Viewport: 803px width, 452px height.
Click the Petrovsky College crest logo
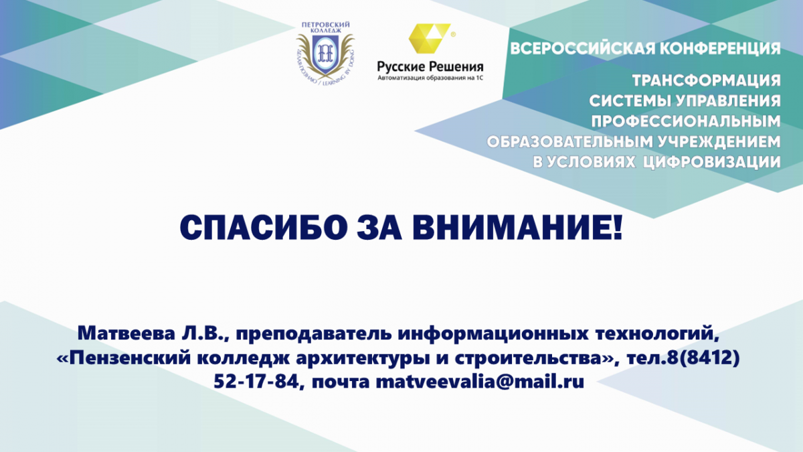coord(325,53)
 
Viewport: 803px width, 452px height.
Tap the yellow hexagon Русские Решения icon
coord(430,38)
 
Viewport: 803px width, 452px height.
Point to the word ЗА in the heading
coord(379,228)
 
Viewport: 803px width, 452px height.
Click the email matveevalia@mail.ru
coord(480,382)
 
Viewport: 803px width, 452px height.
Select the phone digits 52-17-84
coord(256,382)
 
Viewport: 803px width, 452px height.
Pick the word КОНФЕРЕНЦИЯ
coord(720,48)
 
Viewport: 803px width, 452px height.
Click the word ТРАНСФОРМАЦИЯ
coord(707,81)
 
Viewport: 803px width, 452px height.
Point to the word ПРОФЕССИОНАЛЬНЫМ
coord(686,122)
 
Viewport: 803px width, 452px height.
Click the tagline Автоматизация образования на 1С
coord(430,78)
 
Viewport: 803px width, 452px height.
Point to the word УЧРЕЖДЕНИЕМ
coord(717,142)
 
